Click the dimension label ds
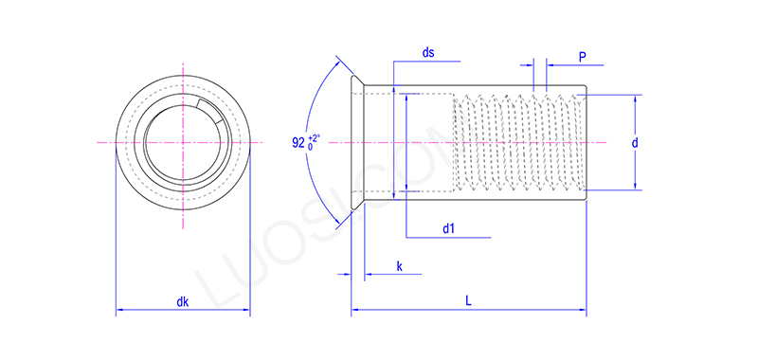(428, 53)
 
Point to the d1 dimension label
(449, 228)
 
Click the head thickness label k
(399, 268)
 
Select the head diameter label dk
(183, 302)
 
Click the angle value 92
(299, 145)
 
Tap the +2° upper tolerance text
(315, 138)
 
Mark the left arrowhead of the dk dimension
(119, 310)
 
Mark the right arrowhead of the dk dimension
(246, 310)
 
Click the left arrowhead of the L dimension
(355, 310)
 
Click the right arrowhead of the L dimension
(583, 310)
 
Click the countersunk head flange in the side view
(356, 142)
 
